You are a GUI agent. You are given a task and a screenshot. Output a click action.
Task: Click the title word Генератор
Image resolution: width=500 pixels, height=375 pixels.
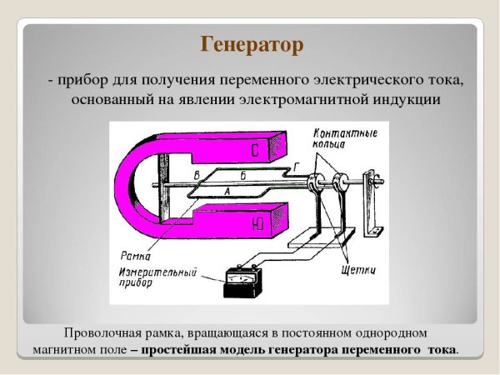point(251,43)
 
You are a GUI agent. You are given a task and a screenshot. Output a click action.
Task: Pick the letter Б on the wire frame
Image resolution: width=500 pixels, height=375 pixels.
point(242,175)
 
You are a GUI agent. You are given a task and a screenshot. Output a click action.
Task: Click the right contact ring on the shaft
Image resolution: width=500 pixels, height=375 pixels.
point(338,185)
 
